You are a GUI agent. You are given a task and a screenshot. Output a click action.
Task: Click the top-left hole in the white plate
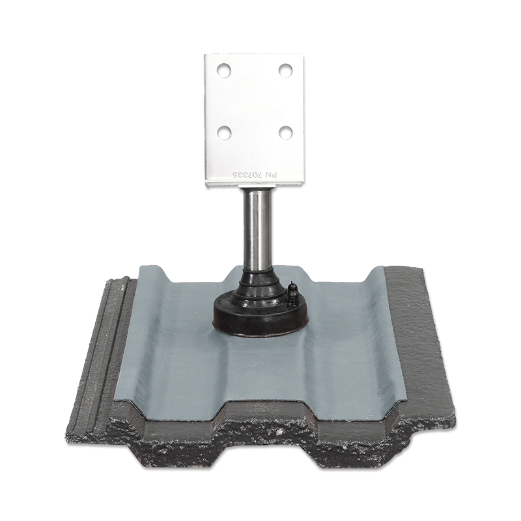click(224, 69)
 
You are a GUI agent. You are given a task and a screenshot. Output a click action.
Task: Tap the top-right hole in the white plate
click(285, 69)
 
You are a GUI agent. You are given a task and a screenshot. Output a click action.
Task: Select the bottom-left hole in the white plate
click(224, 132)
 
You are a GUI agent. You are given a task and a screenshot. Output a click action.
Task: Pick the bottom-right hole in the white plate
click(285, 132)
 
